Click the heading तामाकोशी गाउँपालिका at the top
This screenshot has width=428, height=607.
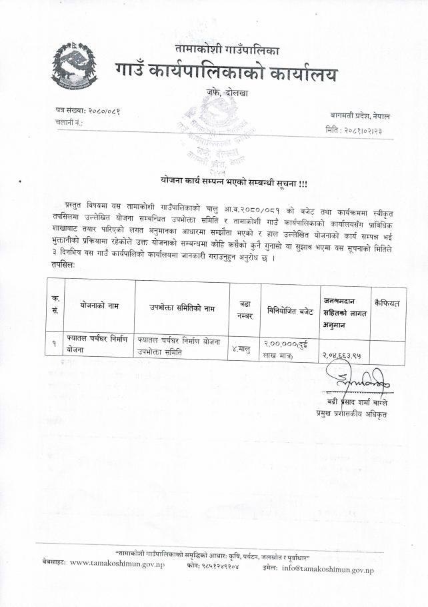tap(227, 49)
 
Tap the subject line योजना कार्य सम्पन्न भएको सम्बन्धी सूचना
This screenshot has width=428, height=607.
tap(233, 182)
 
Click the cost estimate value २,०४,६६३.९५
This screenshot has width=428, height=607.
tap(343, 356)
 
